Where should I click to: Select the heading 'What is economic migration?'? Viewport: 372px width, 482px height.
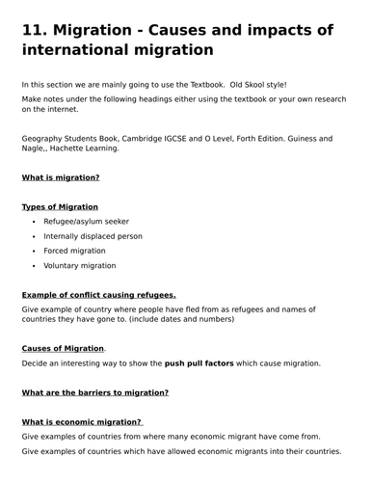(x=82, y=421)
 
